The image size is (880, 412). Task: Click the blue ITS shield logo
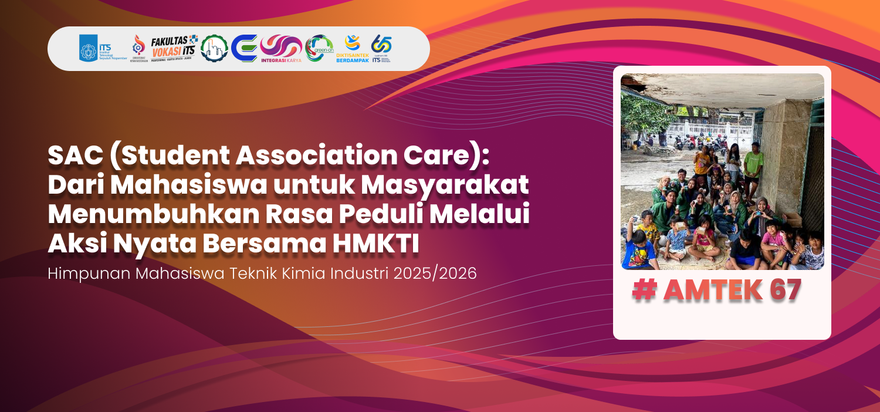click(89, 48)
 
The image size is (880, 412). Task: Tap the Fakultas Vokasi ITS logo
click(174, 48)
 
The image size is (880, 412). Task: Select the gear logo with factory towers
click(214, 48)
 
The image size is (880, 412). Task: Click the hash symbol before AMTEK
click(644, 291)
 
